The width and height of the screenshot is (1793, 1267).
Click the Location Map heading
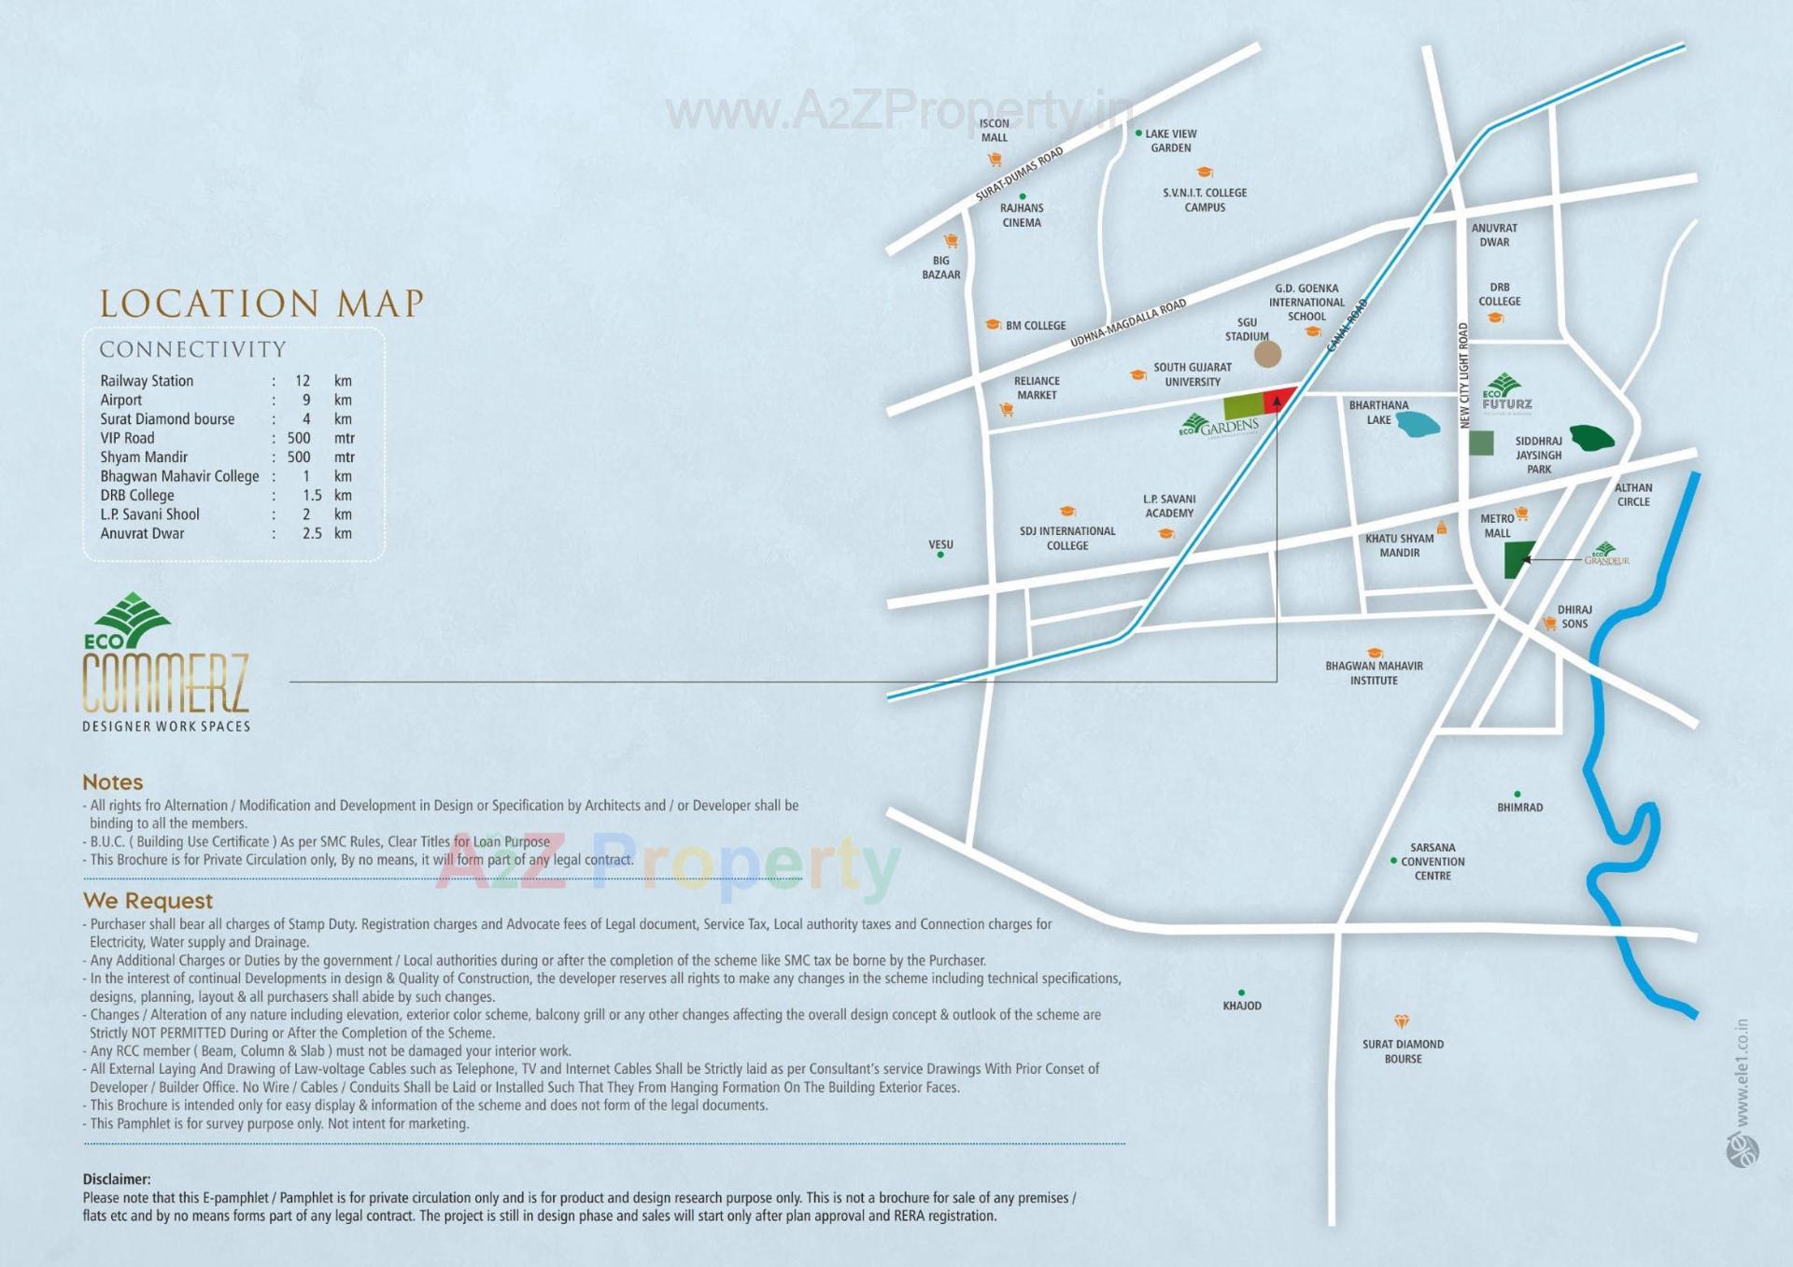tap(261, 303)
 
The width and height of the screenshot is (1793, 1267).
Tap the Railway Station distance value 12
tap(303, 381)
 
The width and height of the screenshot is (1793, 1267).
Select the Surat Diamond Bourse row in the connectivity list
tap(168, 419)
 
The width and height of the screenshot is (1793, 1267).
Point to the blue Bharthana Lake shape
tap(1418, 425)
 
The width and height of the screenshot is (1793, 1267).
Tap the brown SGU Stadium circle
tap(1267, 354)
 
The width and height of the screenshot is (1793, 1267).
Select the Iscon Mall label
tap(994, 131)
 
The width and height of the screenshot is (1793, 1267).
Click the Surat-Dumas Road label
tap(1019, 174)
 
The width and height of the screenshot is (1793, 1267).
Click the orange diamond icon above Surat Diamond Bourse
tap(1401, 1021)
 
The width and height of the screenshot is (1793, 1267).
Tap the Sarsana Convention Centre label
tap(1433, 862)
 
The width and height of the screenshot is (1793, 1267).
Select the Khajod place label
tap(1242, 1006)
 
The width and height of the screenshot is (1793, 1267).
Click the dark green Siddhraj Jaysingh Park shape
tap(1591, 437)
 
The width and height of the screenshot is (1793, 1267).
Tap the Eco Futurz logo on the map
tap(1505, 393)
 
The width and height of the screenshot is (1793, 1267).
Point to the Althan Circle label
tap(1633, 495)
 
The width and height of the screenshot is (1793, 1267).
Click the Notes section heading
tap(113, 782)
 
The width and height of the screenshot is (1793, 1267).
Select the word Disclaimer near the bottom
tap(116, 1179)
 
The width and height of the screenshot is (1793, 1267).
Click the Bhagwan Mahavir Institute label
tap(1374, 673)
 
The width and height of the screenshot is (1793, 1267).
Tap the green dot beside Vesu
tap(940, 555)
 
